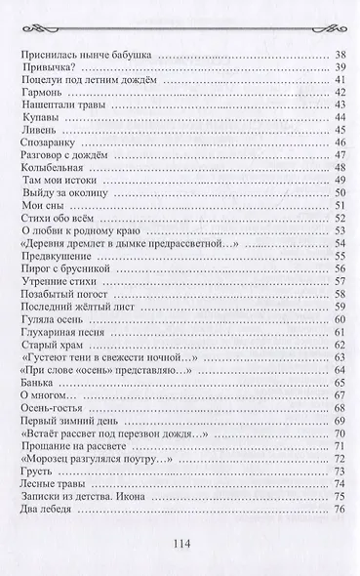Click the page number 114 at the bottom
coord(180,546)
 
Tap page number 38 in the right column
coord(340,54)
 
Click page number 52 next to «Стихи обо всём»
coord(340,218)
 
